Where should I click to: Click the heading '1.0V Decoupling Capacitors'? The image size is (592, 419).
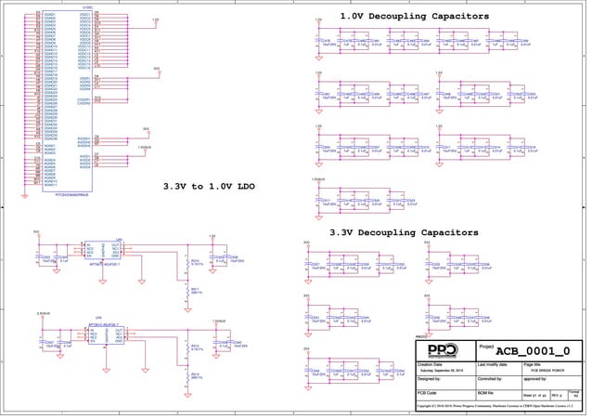[414, 17]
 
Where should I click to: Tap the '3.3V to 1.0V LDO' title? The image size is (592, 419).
[209, 186]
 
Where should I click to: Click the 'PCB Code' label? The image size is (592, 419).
[429, 395]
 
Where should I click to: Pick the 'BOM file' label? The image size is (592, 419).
[486, 395]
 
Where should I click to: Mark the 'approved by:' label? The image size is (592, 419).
[537, 379]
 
